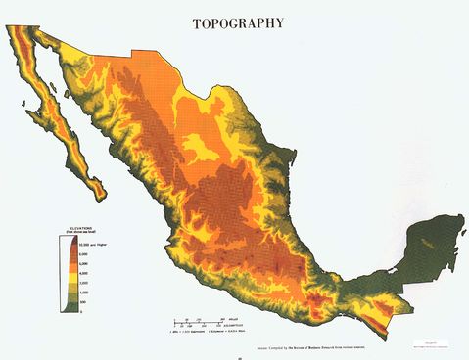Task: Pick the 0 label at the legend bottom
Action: [80, 311]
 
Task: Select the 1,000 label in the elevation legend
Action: [83, 293]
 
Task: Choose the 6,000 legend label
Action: [83, 264]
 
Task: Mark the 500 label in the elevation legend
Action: [82, 302]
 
